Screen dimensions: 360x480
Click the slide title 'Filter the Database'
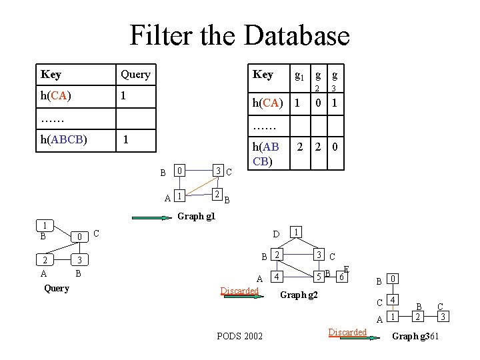(239, 35)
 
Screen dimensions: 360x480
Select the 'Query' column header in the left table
(135, 74)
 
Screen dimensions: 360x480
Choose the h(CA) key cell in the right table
(267, 103)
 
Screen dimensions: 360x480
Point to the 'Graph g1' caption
(196, 216)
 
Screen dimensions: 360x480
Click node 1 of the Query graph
(44, 225)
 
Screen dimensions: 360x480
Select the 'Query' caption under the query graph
(56, 288)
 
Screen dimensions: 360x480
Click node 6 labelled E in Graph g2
(341, 275)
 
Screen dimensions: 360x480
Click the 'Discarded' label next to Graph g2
(239, 291)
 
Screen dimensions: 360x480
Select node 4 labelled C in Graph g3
(394, 299)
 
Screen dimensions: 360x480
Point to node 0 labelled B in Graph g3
(394, 278)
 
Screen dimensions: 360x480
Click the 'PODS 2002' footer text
(239, 335)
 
